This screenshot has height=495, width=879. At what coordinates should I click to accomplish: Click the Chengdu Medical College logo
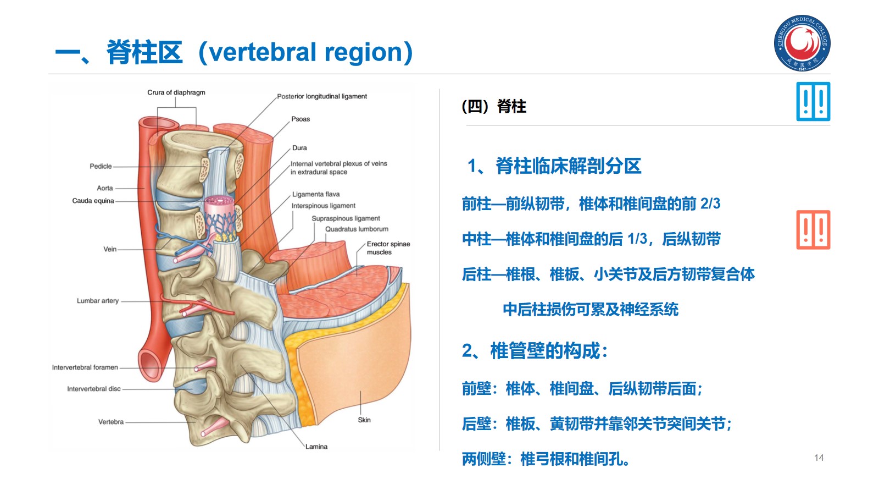click(802, 43)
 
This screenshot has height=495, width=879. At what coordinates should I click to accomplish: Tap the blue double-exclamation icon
click(813, 102)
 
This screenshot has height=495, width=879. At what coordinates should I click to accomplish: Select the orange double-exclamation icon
click(813, 230)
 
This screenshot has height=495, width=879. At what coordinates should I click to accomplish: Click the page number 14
click(819, 458)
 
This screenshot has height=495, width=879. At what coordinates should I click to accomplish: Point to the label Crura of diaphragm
click(176, 92)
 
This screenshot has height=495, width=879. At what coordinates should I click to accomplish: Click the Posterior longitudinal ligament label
click(322, 96)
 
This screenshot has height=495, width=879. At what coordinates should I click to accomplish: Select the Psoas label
click(301, 119)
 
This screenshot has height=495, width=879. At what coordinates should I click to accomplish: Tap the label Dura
click(299, 148)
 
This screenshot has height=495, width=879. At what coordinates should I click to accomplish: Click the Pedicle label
click(101, 166)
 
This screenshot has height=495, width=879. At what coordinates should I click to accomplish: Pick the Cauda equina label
click(93, 201)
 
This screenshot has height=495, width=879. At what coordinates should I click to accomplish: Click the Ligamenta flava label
click(316, 194)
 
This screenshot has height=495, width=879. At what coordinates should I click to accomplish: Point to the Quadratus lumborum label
click(357, 229)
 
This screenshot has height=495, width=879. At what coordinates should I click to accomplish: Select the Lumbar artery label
click(98, 301)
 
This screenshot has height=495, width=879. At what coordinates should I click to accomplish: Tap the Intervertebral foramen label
click(85, 367)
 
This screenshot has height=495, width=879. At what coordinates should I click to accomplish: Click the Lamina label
click(316, 447)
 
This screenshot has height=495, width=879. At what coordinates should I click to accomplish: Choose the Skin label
click(364, 420)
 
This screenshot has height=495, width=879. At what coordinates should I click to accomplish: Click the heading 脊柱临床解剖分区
click(568, 166)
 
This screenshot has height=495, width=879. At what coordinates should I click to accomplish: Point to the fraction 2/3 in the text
click(710, 204)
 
